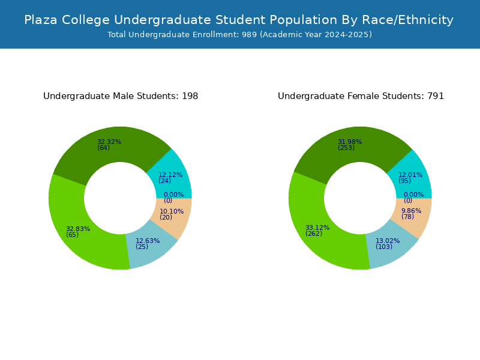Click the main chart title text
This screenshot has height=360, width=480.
pos(239,20)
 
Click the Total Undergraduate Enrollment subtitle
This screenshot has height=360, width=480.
pos(239,35)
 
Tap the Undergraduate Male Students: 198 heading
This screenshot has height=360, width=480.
pos(121,96)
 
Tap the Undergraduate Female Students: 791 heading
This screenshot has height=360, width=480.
pos(361,96)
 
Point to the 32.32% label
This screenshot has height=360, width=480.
pos(109,142)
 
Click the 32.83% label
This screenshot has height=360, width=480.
pos(78,229)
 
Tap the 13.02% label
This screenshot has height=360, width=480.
pos(388,241)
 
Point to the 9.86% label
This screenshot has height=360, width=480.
pos(411,211)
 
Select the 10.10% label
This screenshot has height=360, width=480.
pos(172,211)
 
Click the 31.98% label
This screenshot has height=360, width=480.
pos(350,142)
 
